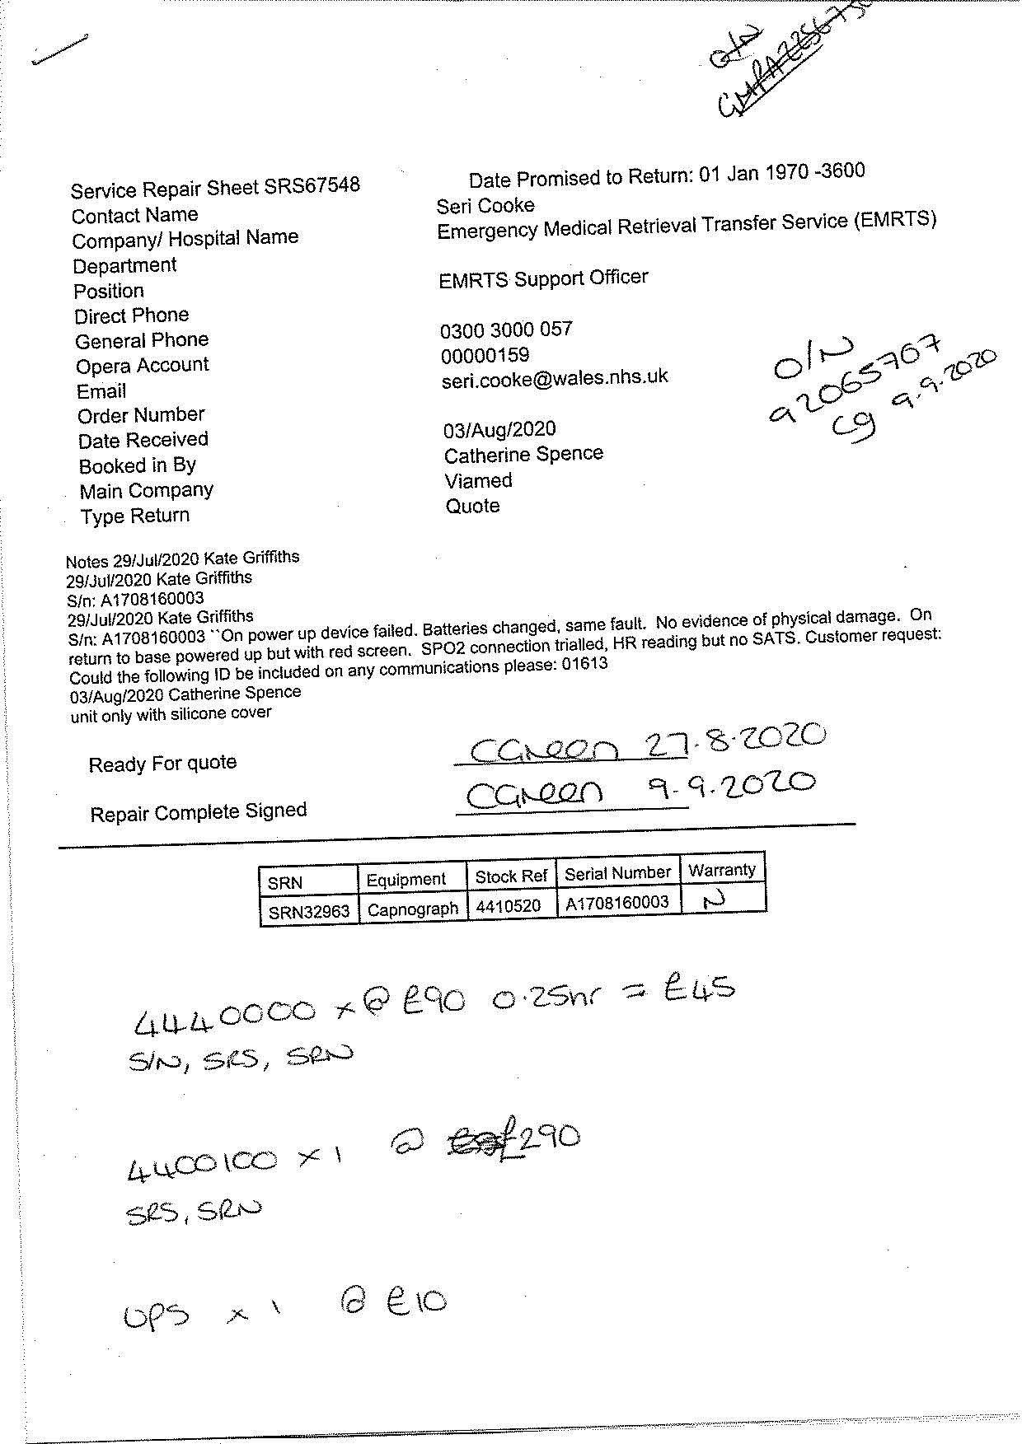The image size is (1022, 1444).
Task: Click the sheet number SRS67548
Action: (x=312, y=185)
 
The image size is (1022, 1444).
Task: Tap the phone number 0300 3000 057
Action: (x=505, y=330)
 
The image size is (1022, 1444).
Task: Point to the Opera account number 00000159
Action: (x=485, y=356)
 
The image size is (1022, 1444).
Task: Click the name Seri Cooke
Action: (x=485, y=206)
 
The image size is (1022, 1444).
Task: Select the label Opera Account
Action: (x=142, y=366)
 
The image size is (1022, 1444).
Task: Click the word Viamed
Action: (x=478, y=481)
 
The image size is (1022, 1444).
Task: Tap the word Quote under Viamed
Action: (x=472, y=506)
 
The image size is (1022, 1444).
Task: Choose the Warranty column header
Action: (x=721, y=870)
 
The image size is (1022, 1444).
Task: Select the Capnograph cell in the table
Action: (x=412, y=909)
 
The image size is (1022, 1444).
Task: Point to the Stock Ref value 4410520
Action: (x=508, y=906)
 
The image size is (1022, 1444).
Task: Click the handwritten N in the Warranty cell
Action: (x=714, y=901)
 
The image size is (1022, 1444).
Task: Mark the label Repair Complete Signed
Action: (x=198, y=812)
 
